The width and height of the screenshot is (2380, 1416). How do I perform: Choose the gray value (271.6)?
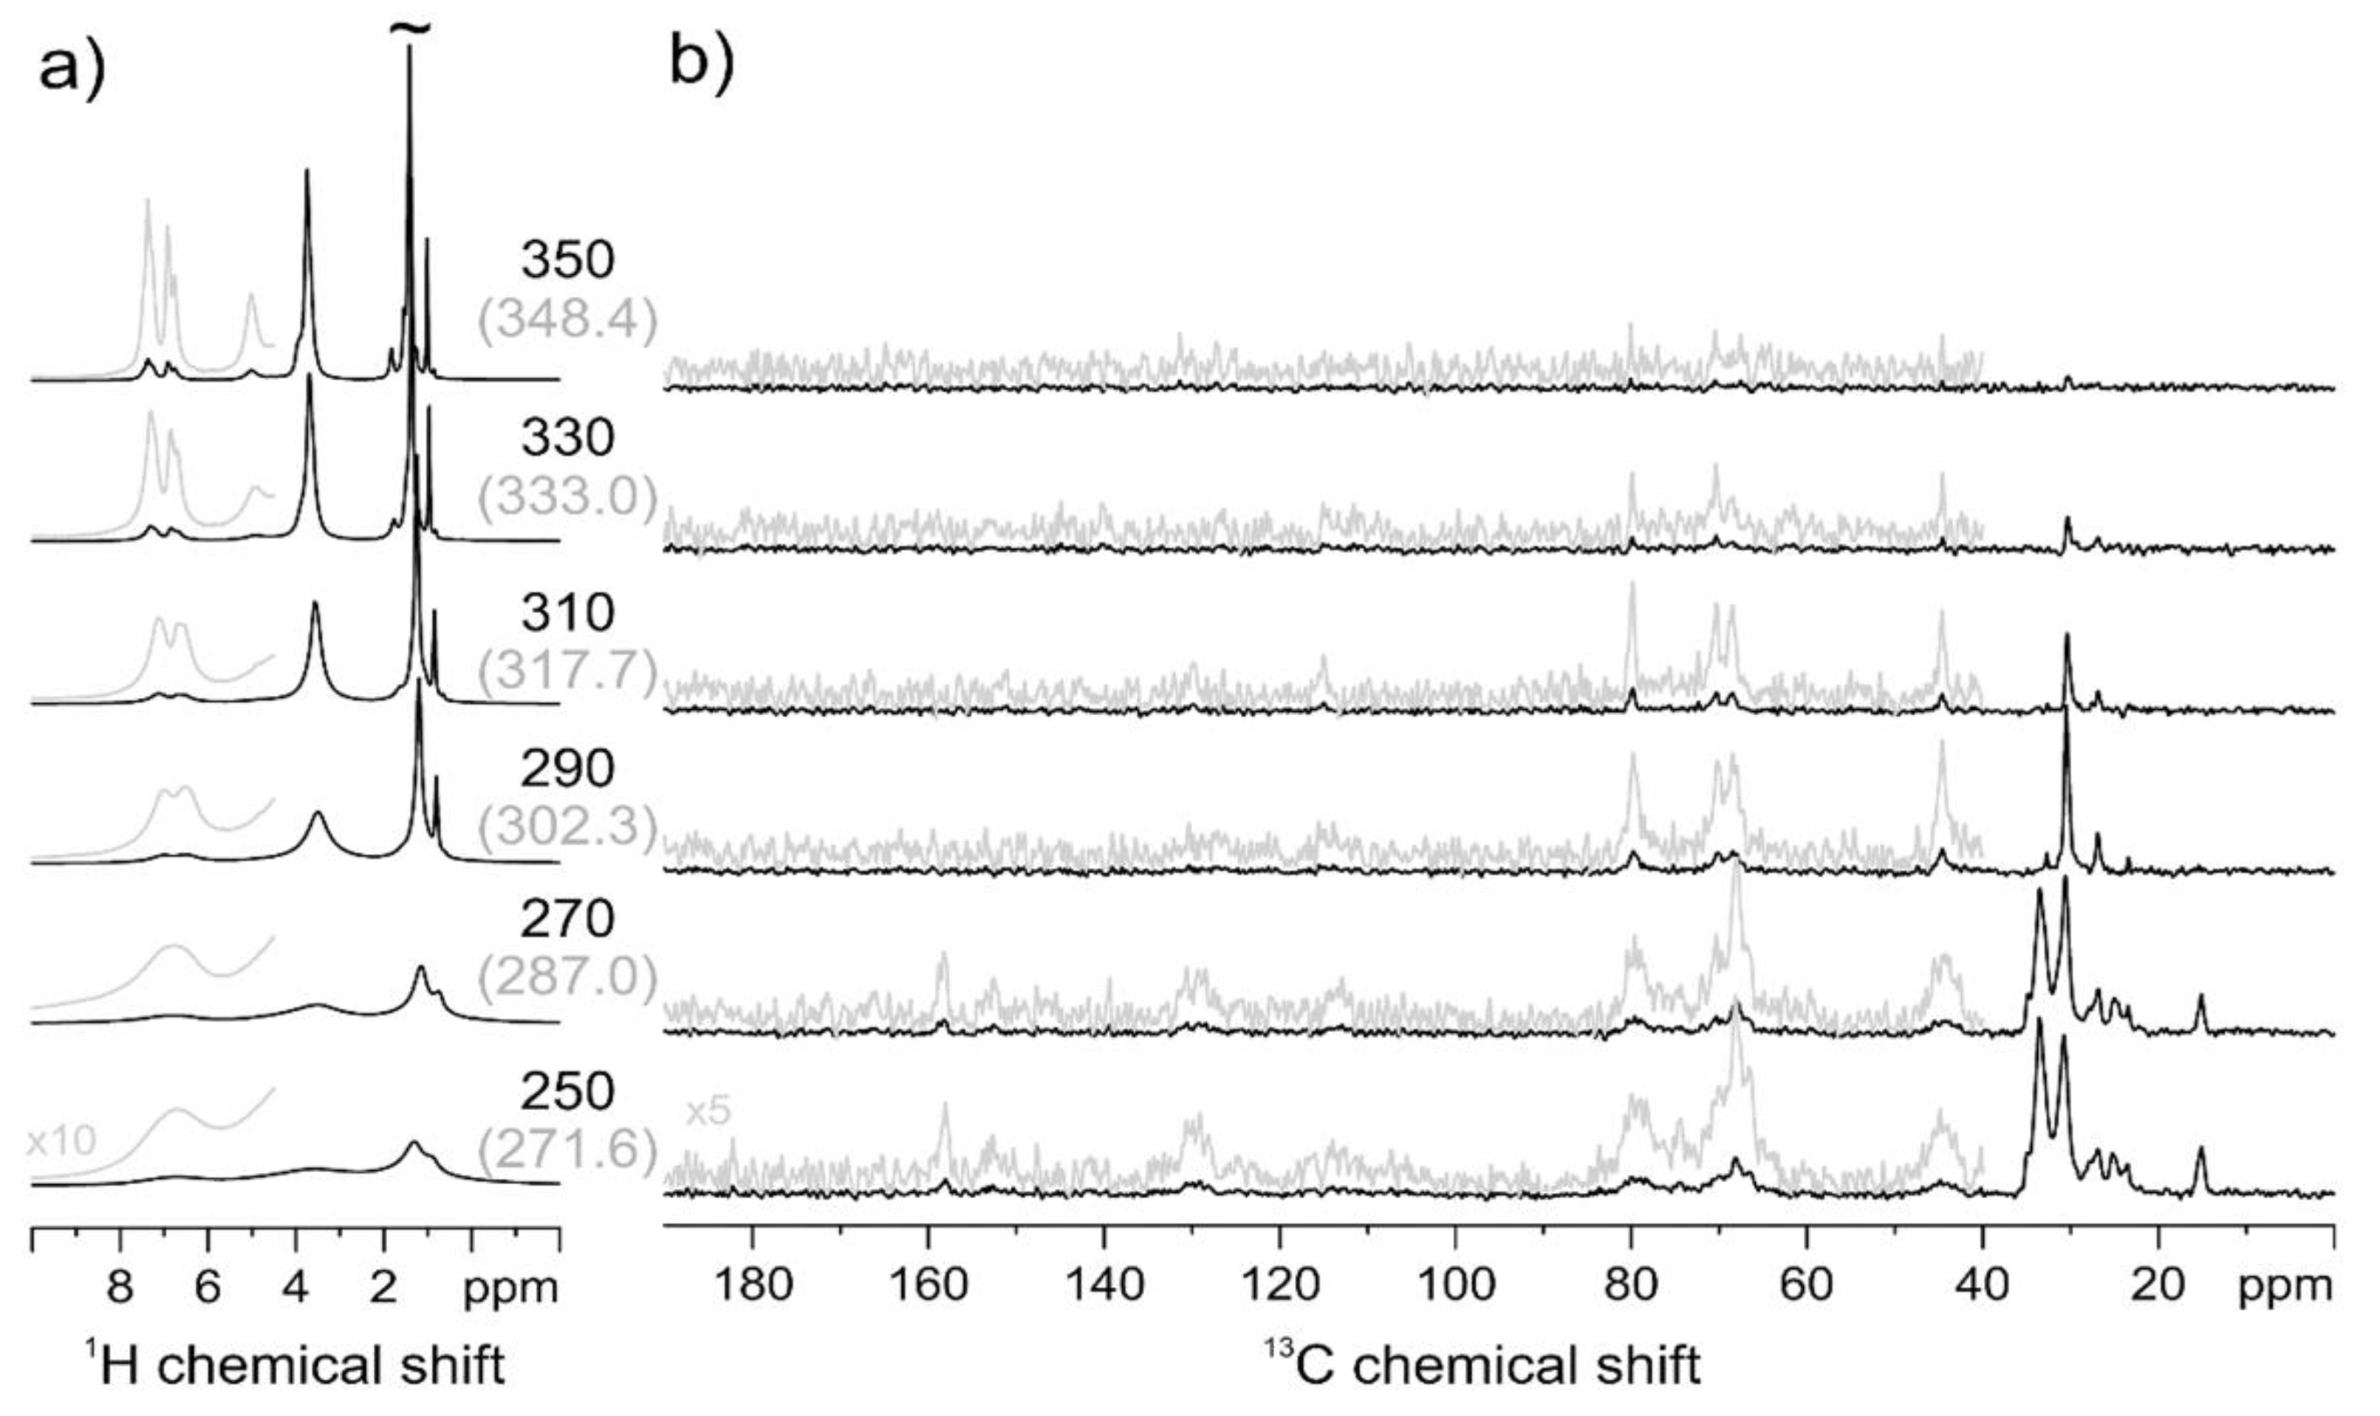point(567,1150)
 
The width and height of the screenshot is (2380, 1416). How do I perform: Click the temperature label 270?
point(567,920)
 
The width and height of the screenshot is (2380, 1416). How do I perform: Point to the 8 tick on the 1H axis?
point(120,1288)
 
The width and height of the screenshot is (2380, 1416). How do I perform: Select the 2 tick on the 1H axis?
point(383,1288)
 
